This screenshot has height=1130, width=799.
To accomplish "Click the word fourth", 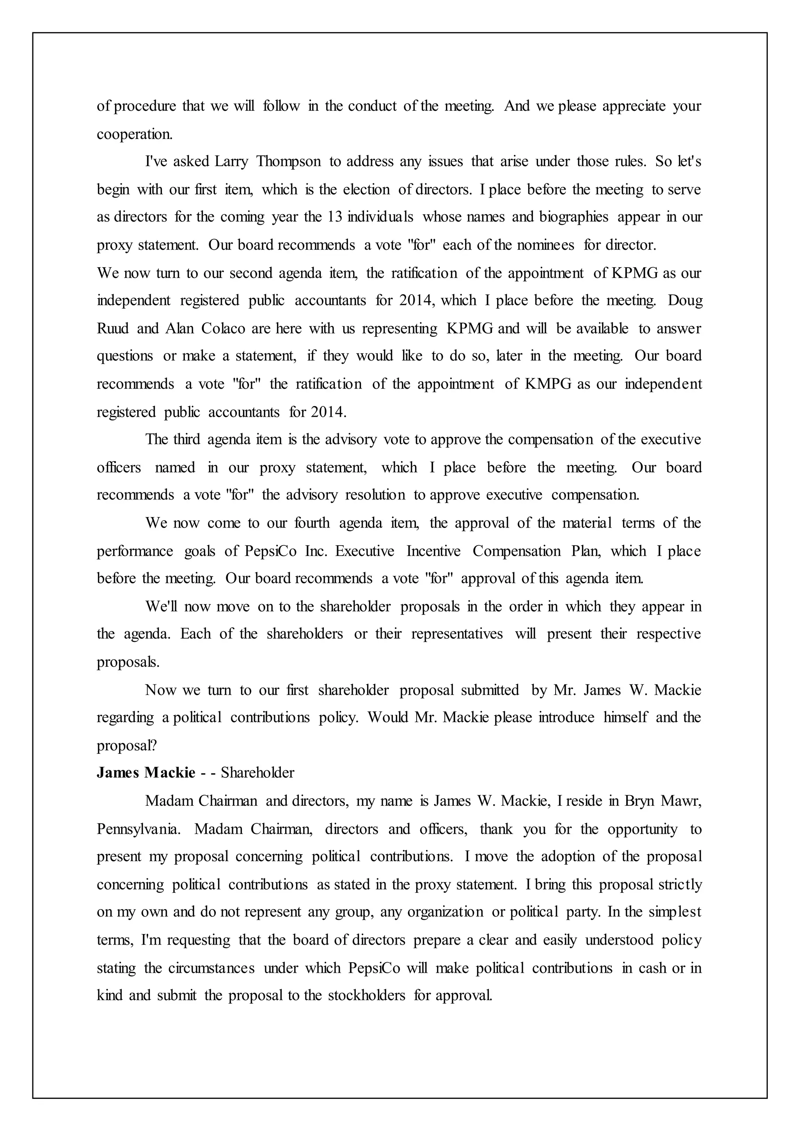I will (x=312, y=523).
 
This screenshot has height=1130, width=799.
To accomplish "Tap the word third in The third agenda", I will (x=186, y=439).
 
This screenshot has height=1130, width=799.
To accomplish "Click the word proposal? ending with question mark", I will (x=126, y=746).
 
